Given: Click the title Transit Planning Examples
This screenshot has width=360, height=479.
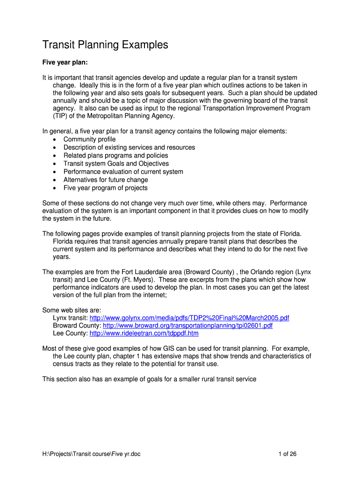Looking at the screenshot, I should [x=105, y=45].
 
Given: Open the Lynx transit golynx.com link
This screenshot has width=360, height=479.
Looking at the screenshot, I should [x=189, y=318].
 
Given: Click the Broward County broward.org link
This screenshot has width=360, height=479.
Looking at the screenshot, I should [x=187, y=326].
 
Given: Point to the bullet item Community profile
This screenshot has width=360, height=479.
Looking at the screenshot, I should [x=89, y=139].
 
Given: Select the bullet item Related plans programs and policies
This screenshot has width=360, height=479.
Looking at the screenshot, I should [x=115, y=155].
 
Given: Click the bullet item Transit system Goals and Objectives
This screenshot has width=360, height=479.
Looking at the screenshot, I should [x=116, y=164].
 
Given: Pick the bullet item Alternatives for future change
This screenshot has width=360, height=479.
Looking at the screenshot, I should [x=106, y=180].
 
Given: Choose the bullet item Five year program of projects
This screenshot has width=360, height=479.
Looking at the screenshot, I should [x=105, y=188].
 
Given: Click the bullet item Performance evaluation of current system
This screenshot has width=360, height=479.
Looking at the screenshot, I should [x=123, y=172].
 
